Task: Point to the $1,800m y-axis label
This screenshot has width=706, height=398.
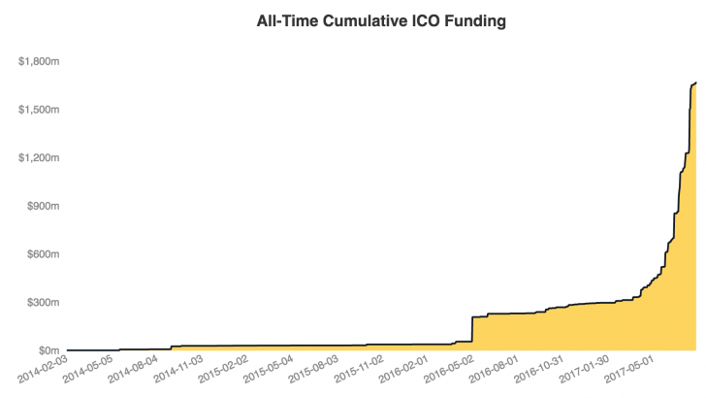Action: tap(39, 61)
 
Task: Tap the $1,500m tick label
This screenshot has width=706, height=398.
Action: tap(39, 110)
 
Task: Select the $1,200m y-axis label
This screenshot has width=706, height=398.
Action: tap(39, 157)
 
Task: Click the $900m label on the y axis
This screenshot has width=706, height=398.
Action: tap(44, 206)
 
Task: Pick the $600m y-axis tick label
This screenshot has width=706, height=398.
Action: tap(44, 253)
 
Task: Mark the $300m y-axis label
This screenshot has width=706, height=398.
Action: tap(44, 302)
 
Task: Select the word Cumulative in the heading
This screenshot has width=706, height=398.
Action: tap(358, 19)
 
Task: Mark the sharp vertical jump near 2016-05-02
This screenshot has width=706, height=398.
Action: tap(471, 329)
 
